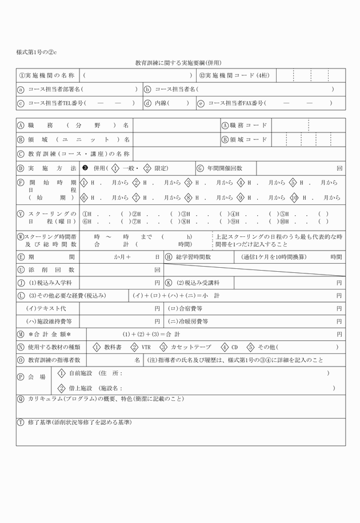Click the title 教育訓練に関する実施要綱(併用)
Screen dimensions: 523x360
click(x=178, y=63)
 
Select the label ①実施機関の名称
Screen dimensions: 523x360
click(x=47, y=75)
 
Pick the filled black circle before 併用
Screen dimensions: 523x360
click(x=86, y=168)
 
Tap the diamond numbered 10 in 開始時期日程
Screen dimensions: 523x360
click(x=294, y=198)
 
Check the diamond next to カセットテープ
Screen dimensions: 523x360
click(x=163, y=347)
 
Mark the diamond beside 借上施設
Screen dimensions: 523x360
click(x=62, y=388)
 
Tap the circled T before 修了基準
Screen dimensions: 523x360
click(x=21, y=423)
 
